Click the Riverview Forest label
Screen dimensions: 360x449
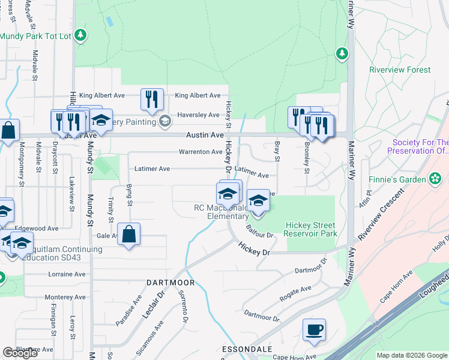(x=400, y=70)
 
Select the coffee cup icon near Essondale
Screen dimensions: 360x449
(x=314, y=330)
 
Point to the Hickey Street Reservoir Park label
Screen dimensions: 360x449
(x=310, y=229)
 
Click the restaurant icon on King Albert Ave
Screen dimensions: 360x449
(x=152, y=99)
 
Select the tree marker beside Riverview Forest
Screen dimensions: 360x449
(x=342, y=54)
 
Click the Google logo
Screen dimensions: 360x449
(x=20, y=353)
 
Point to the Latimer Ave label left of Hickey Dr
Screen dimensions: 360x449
(x=152, y=169)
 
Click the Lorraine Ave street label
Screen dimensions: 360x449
(x=67, y=274)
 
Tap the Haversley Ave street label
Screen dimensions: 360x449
(x=198, y=115)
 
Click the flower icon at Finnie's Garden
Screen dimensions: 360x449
(x=435, y=179)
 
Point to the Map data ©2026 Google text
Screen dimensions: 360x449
(x=412, y=355)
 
